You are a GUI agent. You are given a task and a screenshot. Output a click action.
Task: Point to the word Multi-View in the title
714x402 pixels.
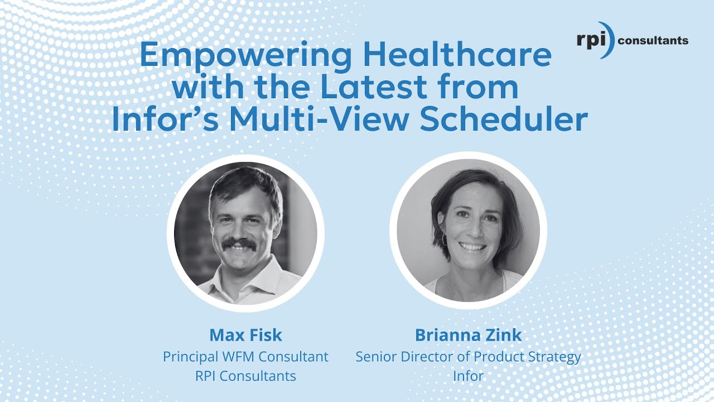point(330,120)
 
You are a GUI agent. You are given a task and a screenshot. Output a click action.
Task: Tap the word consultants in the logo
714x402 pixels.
point(654,40)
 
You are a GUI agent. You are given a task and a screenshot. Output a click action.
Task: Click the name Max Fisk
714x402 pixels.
point(245,335)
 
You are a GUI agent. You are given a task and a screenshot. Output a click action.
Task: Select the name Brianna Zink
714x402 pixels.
point(468,335)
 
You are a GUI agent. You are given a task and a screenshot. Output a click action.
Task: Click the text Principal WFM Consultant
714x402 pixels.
point(245,356)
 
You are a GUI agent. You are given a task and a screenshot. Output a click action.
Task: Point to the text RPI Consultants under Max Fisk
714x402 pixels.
point(245,376)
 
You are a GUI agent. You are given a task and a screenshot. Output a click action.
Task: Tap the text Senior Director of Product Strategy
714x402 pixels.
point(468,356)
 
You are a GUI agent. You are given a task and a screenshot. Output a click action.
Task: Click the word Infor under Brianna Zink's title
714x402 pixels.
point(468,376)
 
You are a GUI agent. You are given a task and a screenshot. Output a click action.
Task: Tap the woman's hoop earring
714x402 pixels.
point(444,240)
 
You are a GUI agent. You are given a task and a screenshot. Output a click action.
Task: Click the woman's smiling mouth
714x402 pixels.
point(472,246)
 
